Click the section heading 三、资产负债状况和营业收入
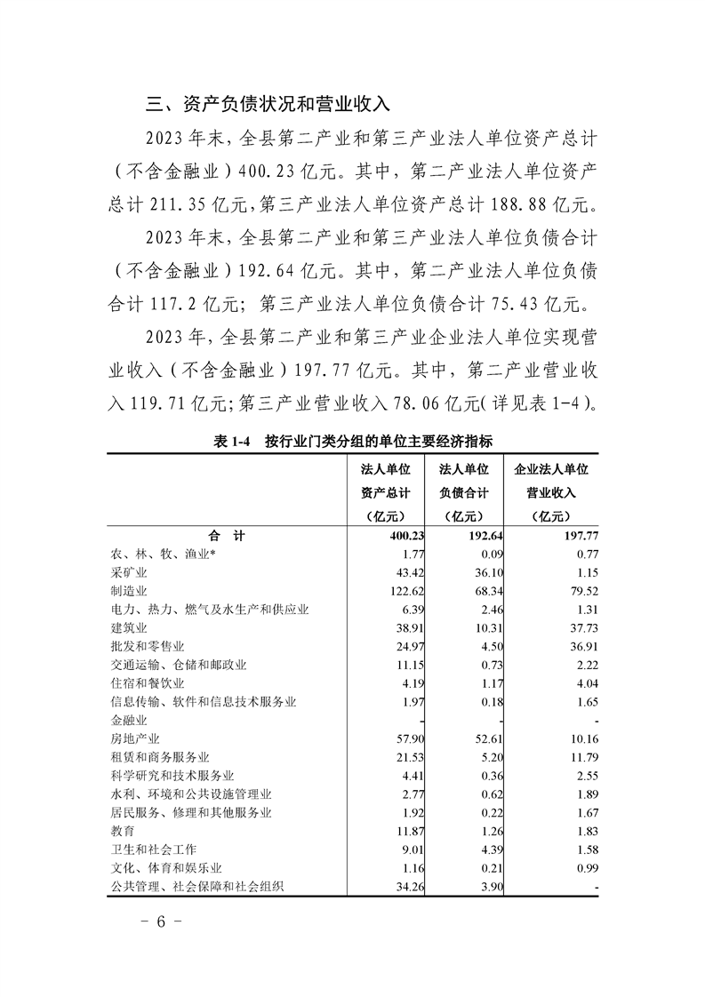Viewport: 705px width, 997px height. click(x=268, y=103)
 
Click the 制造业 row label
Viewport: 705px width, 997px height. click(x=128, y=590)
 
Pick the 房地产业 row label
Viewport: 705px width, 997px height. click(x=134, y=738)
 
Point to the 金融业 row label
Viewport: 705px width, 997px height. click(x=128, y=721)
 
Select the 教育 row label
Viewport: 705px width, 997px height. click(x=122, y=831)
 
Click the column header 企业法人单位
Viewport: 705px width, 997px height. click(x=551, y=469)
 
